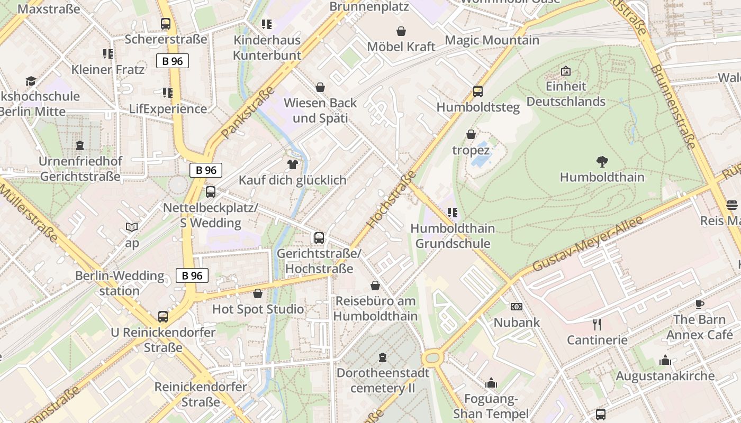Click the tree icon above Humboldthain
click(x=602, y=162)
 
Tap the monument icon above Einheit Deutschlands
click(x=566, y=71)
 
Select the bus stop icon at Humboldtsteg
click(x=478, y=91)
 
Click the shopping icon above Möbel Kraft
click(x=401, y=31)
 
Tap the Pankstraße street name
click(x=248, y=112)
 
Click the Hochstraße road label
click(x=392, y=199)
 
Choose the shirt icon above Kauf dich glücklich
click(x=292, y=164)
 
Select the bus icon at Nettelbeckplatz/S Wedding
click(x=211, y=192)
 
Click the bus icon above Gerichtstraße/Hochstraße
click(x=319, y=238)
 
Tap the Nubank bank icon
click(x=516, y=307)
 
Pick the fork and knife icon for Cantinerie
click(x=597, y=324)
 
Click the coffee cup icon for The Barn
click(x=699, y=304)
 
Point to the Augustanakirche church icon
click(x=665, y=361)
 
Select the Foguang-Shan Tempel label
click(x=491, y=406)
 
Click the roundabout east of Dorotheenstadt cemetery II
click(x=432, y=358)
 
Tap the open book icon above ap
click(x=132, y=227)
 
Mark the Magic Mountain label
click(x=492, y=40)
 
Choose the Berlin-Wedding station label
click(x=120, y=283)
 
